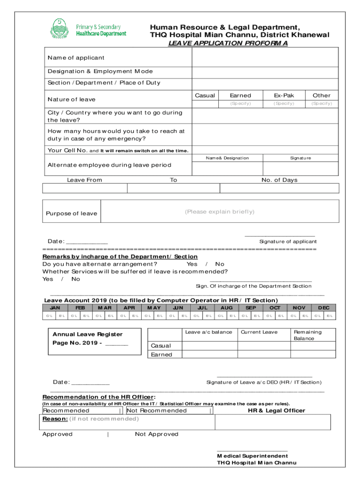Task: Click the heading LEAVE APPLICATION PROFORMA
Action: [228, 43]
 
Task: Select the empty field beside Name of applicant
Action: [266, 58]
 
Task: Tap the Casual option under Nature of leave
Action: [205, 95]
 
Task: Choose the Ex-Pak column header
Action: [284, 95]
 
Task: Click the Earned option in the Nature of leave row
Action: [240, 95]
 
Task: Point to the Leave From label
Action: [84, 180]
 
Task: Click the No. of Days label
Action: [279, 180]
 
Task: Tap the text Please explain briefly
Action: [220, 212]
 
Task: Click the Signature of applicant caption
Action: [288, 242]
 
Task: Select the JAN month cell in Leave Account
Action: [55, 308]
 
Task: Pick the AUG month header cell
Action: [226, 308]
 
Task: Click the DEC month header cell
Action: [324, 308]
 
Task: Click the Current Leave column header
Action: [259, 332]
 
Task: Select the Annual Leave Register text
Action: [87, 334]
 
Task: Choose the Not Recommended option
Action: [157, 411]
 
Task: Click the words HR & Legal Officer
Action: [276, 411]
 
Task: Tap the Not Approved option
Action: [157, 434]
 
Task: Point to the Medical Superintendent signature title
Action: [252, 456]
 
